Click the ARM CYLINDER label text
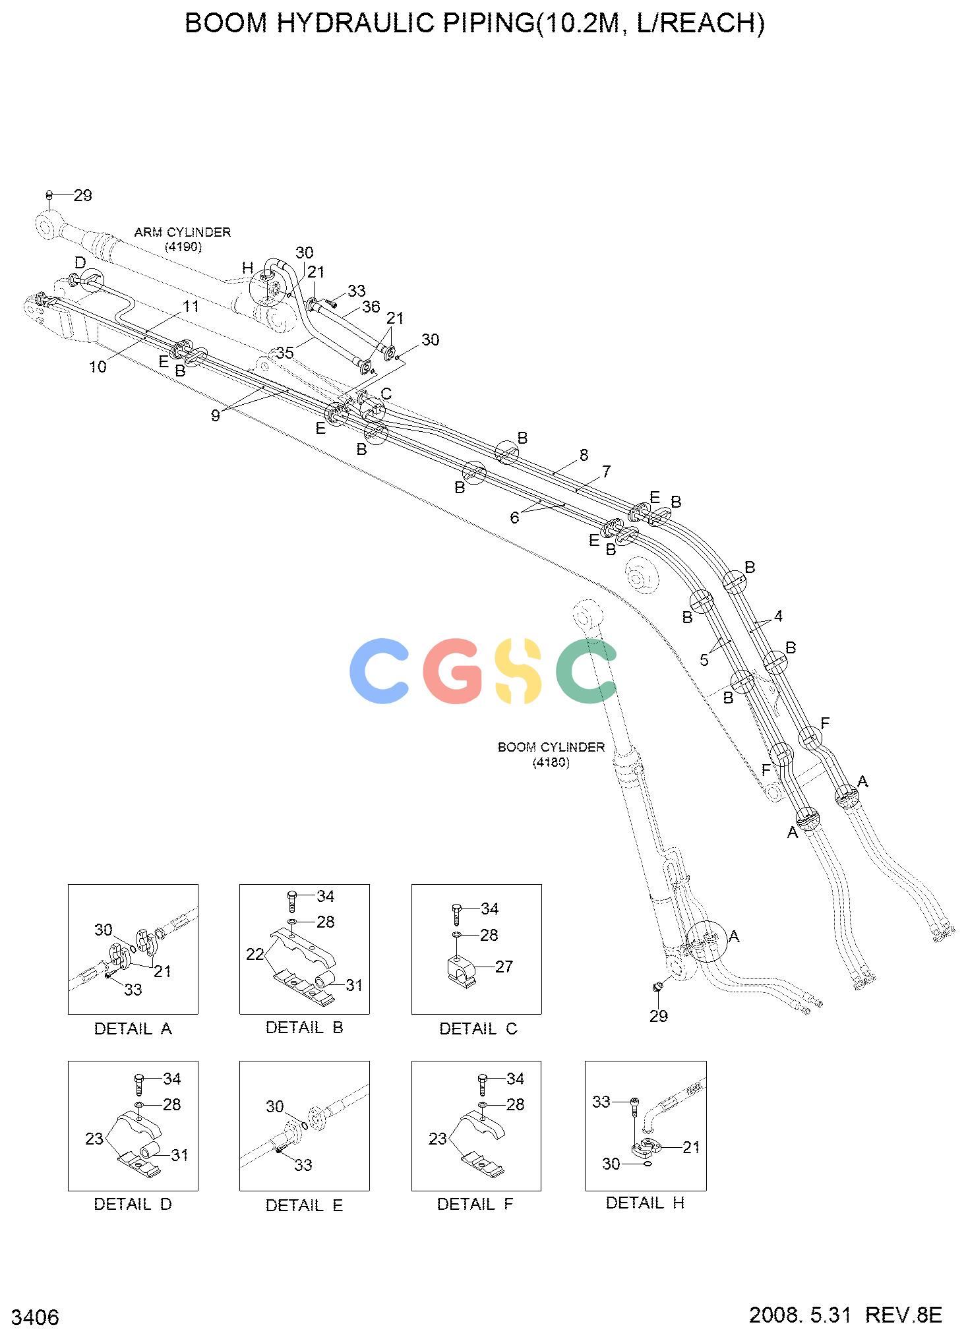coord(183,232)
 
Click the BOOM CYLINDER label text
coord(551,747)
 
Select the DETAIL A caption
coord(133,1029)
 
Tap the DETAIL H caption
coord(646,1203)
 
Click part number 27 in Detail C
coord(504,967)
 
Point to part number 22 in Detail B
coord(255,954)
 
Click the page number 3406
coord(36,1317)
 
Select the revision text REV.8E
coord(903,1315)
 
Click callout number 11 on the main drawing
coord(191,306)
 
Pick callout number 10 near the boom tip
coord(98,367)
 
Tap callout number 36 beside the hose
coord(371,307)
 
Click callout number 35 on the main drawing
coord(285,353)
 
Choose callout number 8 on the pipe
coord(584,455)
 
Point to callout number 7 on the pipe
coord(606,471)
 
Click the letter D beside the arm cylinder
coord(80,263)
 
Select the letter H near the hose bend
coord(247,267)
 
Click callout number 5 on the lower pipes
coord(704,660)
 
